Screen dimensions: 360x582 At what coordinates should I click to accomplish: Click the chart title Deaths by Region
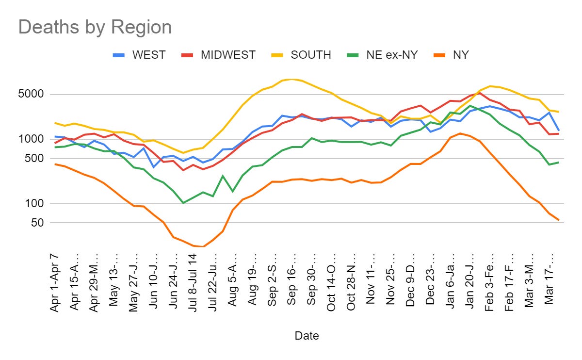[95, 27]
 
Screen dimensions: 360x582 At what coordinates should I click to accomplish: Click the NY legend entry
[460, 55]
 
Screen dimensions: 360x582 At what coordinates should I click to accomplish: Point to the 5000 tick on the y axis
[32, 95]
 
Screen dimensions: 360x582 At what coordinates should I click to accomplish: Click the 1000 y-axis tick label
[32, 139]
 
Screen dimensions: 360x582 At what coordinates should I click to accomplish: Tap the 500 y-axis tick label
[35, 159]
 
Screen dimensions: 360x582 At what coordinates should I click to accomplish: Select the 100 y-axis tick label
[35, 204]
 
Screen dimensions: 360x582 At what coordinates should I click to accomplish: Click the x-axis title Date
[307, 335]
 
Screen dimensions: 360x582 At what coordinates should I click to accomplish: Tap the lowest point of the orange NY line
[203, 246]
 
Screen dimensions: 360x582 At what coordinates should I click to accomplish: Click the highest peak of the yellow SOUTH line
[292, 79]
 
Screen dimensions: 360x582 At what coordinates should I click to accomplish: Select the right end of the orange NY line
[559, 220]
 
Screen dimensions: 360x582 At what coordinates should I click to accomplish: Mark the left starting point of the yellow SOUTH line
[56, 123]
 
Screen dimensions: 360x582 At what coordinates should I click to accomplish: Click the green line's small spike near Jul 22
[223, 176]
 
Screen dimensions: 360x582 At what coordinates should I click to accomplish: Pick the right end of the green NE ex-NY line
[559, 162]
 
